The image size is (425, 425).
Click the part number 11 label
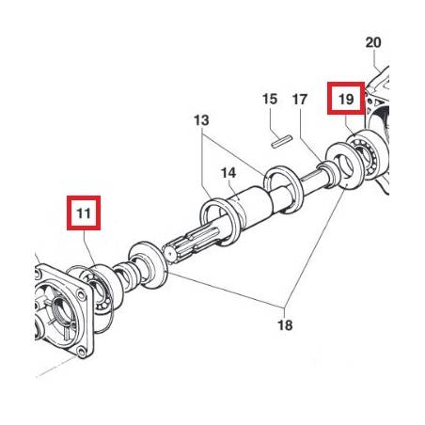tap(84, 213)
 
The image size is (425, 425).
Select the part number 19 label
tap(346, 100)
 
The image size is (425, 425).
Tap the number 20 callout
tap(373, 42)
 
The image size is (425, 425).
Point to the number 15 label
tap(270, 99)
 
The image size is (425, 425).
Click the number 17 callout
tap(300, 100)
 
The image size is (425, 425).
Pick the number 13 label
tap(201, 120)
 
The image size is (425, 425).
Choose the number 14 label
tap(228, 173)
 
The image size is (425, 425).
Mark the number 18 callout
tap(285, 325)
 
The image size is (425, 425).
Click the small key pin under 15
tap(282, 141)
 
